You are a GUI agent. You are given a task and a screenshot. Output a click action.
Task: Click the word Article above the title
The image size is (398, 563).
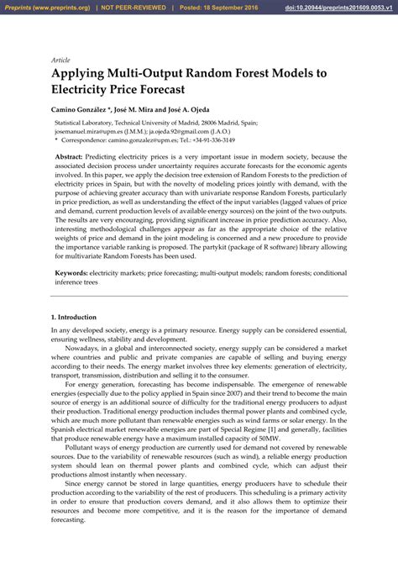(x=60, y=61)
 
